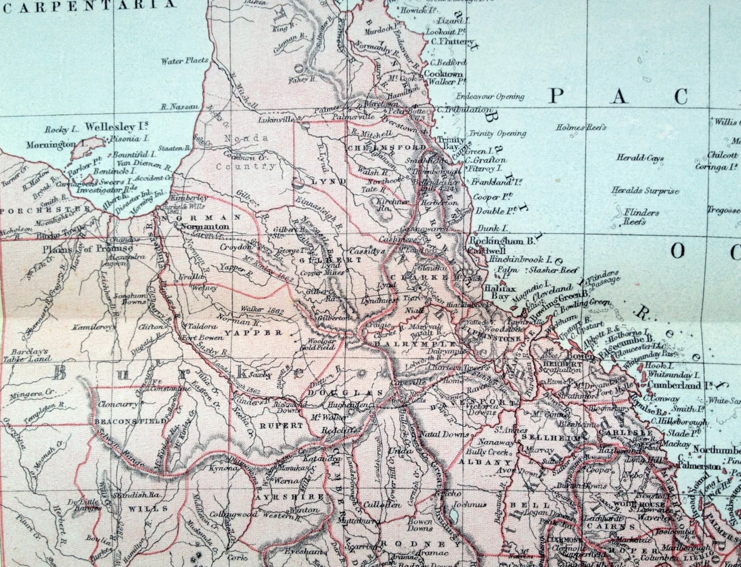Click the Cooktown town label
pos(443,74)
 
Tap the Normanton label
pos(204,227)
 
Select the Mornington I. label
pos(50,145)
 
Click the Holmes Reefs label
pos(581,127)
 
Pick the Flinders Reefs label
pos(641,217)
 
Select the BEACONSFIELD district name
pos(130,421)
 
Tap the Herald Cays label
pos(640,158)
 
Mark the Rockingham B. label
pos(502,241)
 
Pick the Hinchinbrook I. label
pos(520,259)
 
